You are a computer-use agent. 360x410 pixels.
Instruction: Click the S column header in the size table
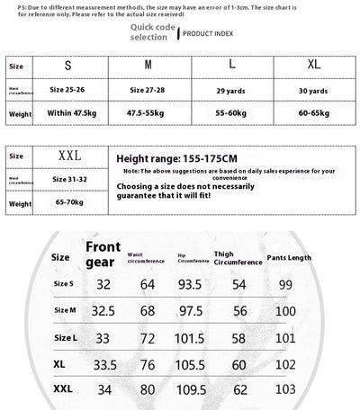pyautogui.click(x=67, y=67)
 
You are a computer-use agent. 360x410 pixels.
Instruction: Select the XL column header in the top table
pyautogui.click(x=314, y=67)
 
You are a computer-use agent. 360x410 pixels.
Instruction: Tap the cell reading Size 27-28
pyautogui.click(x=148, y=90)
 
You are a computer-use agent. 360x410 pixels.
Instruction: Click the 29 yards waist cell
pyautogui.click(x=232, y=90)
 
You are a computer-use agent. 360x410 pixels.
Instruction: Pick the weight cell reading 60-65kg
pyautogui.click(x=314, y=114)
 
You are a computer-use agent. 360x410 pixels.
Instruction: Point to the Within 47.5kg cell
pyautogui.click(x=70, y=114)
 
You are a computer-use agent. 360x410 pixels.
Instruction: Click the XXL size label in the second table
pyautogui.click(x=69, y=156)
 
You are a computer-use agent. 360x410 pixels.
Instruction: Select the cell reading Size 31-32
pyautogui.click(x=69, y=179)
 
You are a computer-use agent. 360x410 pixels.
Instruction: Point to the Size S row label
pyautogui.click(x=63, y=284)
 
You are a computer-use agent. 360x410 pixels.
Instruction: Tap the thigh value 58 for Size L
pyautogui.click(x=238, y=338)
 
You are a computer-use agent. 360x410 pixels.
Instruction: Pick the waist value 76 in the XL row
pyautogui.click(x=148, y=366)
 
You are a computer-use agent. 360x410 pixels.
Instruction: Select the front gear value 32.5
pyautogui.click(x=103, y=311)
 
